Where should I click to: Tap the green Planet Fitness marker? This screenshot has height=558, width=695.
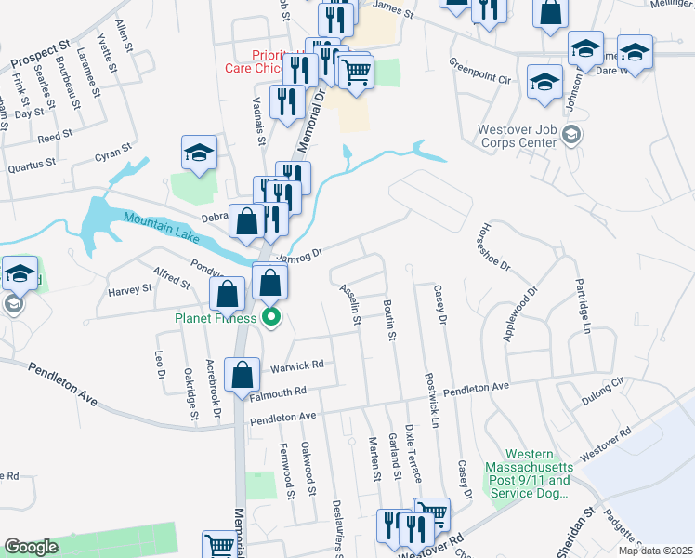point(271,318)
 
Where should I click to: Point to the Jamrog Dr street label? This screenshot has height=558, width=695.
point(297,253)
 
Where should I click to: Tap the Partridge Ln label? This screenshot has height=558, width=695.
point(583,304)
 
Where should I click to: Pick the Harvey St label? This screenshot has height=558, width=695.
point(129,289)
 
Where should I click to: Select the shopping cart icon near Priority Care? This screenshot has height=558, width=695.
point(357,70)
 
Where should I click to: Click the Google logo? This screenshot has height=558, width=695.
point(31,547)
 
